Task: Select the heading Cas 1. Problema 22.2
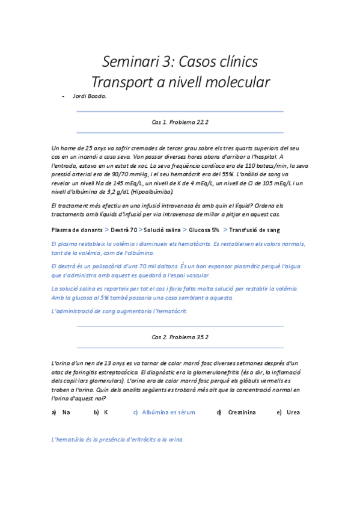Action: (180, 122)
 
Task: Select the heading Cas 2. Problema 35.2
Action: (180, 337)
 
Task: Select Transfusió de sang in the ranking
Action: (254, 230)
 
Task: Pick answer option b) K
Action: (102, 413)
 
